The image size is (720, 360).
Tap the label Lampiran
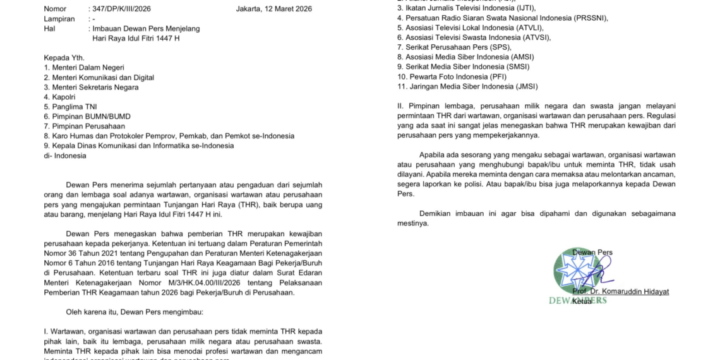tap(59, 19)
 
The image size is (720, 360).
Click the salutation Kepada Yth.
tap(64, 57)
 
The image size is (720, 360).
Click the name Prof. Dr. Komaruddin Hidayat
tap(621, 291)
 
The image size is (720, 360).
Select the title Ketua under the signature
tap(582, 301)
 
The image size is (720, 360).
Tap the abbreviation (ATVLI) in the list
tap(525, 27)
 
